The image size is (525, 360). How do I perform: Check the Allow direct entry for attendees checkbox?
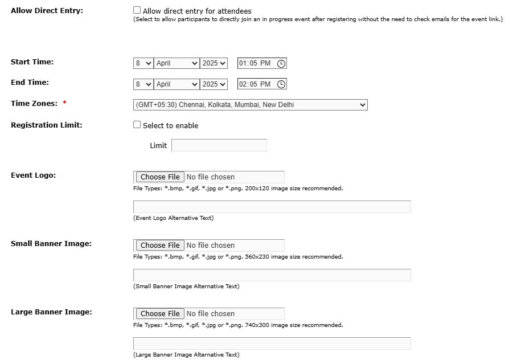coord(137,10)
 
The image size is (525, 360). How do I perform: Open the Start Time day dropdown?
coord(143,63)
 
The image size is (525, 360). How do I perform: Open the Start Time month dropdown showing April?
coord(177,63)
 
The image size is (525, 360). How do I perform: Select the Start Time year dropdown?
coord(214,63)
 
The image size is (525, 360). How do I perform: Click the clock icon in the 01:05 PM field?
coord(281,64)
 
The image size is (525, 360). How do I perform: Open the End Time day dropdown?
coord(143,84)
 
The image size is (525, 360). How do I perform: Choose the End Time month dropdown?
coord(177,84)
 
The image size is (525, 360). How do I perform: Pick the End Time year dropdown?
coord(214,84)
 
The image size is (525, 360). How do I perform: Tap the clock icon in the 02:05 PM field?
coord(281,84)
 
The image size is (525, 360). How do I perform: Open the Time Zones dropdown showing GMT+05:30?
coord(250,105)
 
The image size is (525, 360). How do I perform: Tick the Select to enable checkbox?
coord(137,125)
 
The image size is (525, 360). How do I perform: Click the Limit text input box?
coord(219,145)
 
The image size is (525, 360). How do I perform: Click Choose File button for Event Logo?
coord(160,177)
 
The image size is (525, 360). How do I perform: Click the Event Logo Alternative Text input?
coord(272,207)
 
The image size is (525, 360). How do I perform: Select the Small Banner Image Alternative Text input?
coord(272,275)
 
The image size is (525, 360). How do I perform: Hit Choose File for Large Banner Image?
coord(160,314)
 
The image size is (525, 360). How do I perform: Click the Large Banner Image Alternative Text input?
coord(272,343)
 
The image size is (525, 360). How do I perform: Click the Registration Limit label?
coord(46,125)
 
